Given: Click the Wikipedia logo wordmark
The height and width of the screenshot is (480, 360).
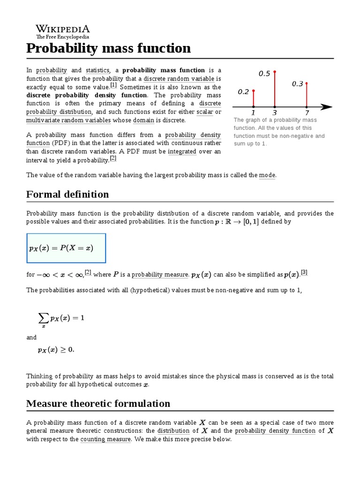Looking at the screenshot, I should pyautogui.click(x=63, y=29).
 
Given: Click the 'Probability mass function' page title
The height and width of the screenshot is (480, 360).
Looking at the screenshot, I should pyautogui.click(x=109, y=48).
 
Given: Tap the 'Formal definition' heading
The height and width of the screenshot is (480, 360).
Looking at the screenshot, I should pyautogui.click(x=67, y=194).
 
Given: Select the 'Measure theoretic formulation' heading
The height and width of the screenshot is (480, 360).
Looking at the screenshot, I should pyautogui.click(x=98, y=403).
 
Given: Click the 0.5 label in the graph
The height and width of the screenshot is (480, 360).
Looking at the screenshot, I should pyautogui.click(x=264, y=74).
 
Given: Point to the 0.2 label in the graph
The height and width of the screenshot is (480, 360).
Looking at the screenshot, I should pyautogui.click(x=243, y=92).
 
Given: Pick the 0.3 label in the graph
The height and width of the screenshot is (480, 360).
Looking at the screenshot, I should pyautogui.click(x=298, y=84).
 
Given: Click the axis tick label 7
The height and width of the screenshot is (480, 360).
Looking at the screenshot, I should pyautogui.click(x=307, y=113).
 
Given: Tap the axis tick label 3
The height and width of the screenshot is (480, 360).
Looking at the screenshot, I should pyautogui.click(x=274, y=113).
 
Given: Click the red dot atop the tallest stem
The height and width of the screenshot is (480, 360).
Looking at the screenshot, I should pyautogui.click(x=275, y=72).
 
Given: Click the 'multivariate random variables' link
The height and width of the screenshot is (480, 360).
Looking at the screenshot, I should pyautogui.click(x=68, y=120).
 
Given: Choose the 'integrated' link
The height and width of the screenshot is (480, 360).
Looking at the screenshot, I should pyautogui.click(x=182, y=152).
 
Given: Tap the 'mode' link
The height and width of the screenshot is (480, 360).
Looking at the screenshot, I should pyautogui.click(x=267, y=175).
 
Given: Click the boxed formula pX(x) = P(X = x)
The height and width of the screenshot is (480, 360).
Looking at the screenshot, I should pyautogui.click(x=66, y=248).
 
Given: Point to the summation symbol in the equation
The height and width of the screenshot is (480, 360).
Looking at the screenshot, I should pyautogui.click(x=44, y=318).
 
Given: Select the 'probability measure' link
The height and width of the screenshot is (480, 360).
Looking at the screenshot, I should pyautogui.click(x=160, y=275).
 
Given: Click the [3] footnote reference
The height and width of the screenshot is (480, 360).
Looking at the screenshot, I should pyautogui.click(x=304, y=273).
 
